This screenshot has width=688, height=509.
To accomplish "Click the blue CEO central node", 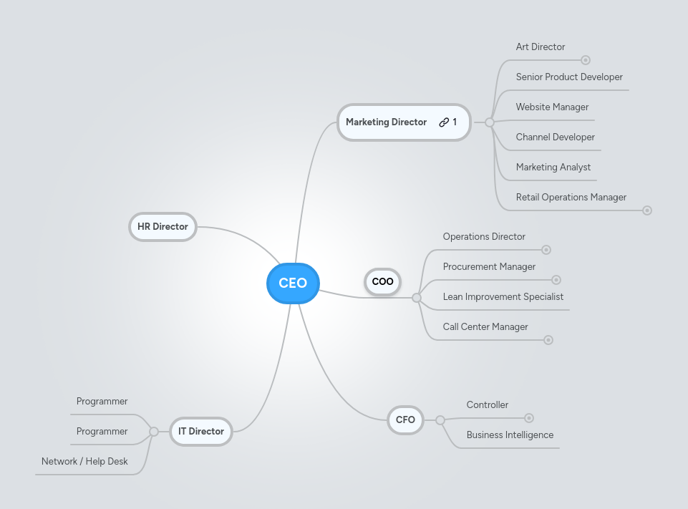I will [292, 283].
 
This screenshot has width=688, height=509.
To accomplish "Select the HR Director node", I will [163, 227].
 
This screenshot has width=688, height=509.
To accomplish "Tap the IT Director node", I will [200, 432].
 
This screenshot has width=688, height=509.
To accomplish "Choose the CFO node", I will [405, 420].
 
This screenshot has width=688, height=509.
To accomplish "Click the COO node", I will [382, 281].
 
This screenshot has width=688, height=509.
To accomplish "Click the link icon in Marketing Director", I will [444, 122].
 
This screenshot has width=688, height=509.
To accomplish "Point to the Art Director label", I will [540, 47].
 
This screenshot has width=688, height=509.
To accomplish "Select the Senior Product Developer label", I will [568, 77].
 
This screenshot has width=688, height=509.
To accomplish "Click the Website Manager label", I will [552, 107].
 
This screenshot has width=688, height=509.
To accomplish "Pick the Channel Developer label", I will [555, 137].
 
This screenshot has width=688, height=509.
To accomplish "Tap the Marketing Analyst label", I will [553, 168].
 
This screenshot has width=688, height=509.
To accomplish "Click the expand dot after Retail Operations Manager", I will [647, 210].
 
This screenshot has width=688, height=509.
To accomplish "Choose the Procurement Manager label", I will [489, 267].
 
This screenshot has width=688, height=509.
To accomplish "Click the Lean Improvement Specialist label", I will [503, 297].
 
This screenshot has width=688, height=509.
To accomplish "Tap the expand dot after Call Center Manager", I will [548, 340].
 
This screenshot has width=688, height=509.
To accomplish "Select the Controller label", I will [487, 405].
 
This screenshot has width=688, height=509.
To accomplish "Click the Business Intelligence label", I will [510, 435].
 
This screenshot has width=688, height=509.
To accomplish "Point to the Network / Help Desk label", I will [84, 462].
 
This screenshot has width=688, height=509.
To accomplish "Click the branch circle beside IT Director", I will [154, 432].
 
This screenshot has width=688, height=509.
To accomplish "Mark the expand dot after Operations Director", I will [546, 250].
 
